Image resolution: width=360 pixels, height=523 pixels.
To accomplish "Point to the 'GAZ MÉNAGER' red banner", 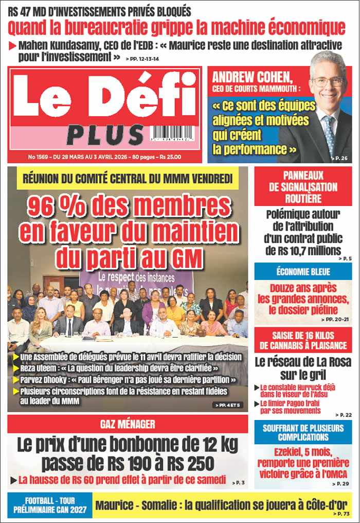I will click(128, 424).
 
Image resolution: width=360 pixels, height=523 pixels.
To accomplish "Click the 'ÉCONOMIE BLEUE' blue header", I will click(303, 271).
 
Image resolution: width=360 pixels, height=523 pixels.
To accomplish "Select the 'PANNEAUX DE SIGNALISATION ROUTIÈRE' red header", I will click(303, 186).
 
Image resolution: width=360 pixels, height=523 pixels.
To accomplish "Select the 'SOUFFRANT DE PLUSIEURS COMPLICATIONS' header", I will click(303, 432).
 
